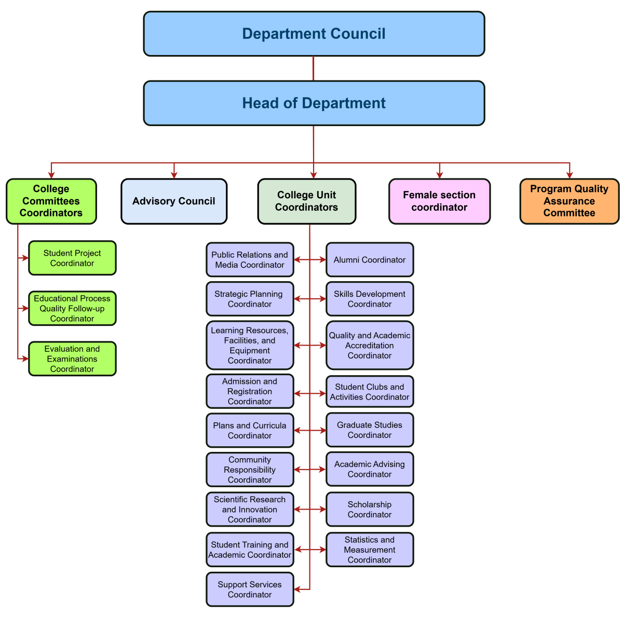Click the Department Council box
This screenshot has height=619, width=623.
click(x=314, y=34)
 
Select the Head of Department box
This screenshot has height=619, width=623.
click(x=314, y=103)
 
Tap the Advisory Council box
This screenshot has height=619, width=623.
click(x=174, y=201)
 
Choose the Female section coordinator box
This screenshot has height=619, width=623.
click(x=439, y=201)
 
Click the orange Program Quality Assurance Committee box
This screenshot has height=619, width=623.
click(x=569, y=201)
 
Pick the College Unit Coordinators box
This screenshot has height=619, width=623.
click(x=306, y=201)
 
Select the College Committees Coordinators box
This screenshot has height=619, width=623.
click(x=51, y=201)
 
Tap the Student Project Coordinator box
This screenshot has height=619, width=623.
click(x=72, y=258)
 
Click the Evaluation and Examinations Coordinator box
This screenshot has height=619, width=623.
click(x=72, y=359)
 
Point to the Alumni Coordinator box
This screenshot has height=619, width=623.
click(x=370, y=259)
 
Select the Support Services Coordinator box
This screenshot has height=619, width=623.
click(x=250, y=589)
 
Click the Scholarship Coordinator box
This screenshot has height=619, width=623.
click(x=370, y=510)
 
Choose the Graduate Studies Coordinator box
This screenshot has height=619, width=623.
click(x=370, y=430)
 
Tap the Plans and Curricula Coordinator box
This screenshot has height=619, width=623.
click(x=250, y=431)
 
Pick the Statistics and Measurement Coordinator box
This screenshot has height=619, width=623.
click(x=370, y=549)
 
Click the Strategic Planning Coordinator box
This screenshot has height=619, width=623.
click(x=250, y=299)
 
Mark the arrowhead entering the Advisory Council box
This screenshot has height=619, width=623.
click(x=174, y=175)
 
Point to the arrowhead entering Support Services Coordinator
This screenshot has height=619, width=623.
click(x=297, y=589)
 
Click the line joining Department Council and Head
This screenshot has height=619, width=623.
click(x=314, y=68)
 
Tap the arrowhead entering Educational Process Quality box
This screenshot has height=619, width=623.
click(x=25, y=308)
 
